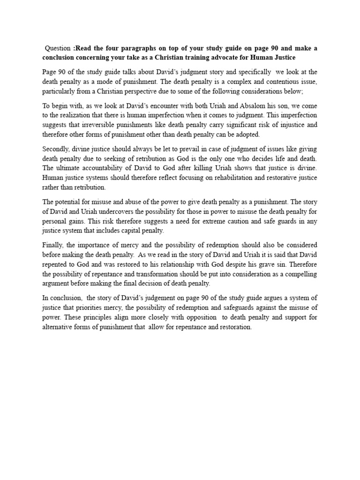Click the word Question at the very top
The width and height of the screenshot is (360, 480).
click(x=58, y=47)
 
